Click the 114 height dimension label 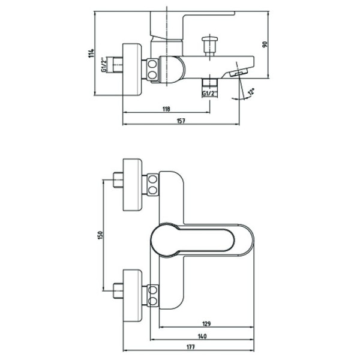coord(91,53)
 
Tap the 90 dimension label coord(265,44)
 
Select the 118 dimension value coord(166,109)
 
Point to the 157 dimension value coord(181,121)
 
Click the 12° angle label coord(251,92)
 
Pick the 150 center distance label coord(100,235)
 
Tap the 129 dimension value coord(206,324)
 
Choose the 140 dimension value coord(202,336)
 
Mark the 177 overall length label coord(190,347)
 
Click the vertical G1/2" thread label coord(104,65)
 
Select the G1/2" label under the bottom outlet coord(209,93)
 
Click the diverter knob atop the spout coord(210,46)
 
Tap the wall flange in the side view coord(132,69)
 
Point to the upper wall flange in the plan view coord(133,185)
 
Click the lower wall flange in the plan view coord(133,296)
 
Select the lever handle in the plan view coord(193,240)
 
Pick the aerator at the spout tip coord(238,72)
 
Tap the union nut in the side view coord(152,70)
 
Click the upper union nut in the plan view coord(152,185)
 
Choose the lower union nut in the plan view coord(152,295)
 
